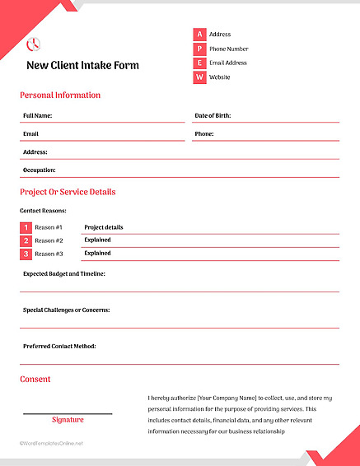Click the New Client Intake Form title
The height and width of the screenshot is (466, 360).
82,65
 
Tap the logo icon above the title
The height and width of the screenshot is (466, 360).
34,44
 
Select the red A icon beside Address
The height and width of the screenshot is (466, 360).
199,35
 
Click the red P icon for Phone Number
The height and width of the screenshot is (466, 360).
199,49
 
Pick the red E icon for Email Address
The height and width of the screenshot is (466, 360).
199,63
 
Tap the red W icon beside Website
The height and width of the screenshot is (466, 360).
199,77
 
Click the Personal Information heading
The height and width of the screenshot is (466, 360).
60,96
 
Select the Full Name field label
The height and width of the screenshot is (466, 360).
38,115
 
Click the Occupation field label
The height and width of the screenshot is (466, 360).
39,170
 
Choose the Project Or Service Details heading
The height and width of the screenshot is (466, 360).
68,192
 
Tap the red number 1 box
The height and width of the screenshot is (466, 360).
26,227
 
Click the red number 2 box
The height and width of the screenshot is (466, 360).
26,240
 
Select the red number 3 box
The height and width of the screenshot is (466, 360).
26,254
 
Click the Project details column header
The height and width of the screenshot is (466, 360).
103,227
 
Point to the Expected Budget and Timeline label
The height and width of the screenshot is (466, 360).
63,273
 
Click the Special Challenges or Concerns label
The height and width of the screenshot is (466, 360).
66,310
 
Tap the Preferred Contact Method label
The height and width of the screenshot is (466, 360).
59,346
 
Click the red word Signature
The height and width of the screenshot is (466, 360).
68,420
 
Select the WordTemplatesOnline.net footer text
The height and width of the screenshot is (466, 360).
52,443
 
